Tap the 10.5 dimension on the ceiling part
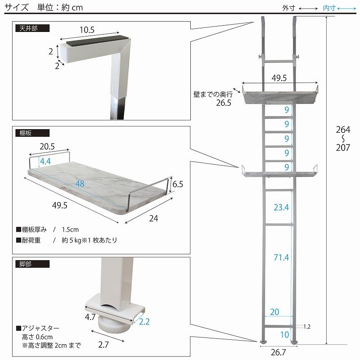(87, 30)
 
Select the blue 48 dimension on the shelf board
(80, 184)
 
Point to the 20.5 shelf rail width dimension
(47, 146)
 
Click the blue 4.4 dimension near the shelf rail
(45, 161)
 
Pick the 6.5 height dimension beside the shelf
(178, 184)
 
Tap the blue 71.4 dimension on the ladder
(281, 257)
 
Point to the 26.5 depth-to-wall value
(223, 103)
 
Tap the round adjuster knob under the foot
(112, 325)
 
